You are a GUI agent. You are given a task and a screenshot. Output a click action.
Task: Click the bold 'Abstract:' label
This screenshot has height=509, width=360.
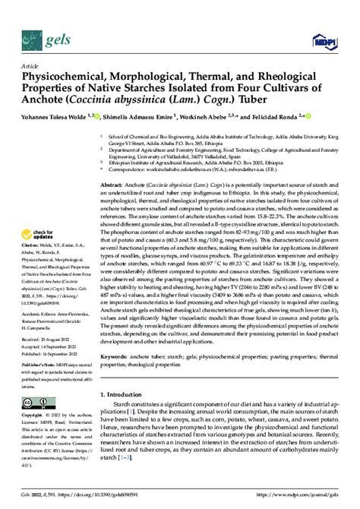114,185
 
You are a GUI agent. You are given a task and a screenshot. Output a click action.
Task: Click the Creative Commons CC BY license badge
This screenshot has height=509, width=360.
36,403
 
